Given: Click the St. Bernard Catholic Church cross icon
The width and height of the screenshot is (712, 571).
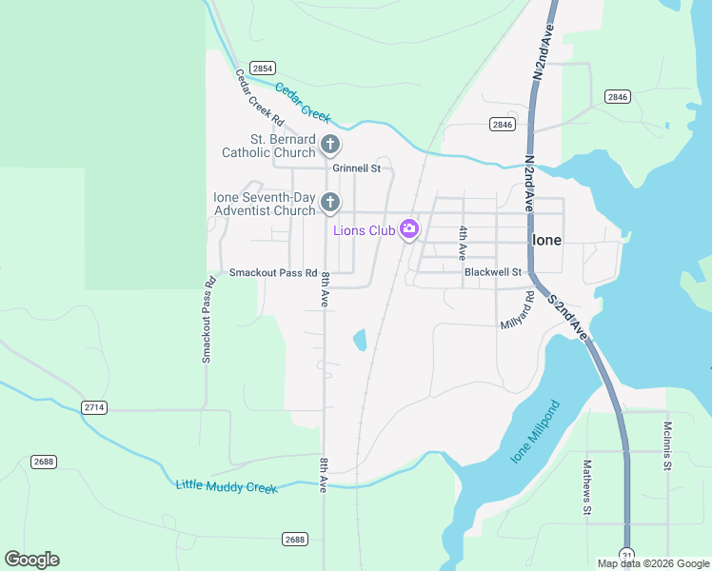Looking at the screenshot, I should (x=330, y=145).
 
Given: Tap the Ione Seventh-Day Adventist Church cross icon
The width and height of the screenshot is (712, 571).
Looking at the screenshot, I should (x=330, y=202).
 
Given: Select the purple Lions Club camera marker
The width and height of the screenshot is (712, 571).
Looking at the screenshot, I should (x=409, y=228).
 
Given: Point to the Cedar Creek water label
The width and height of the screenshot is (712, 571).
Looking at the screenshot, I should (x=303, y=103).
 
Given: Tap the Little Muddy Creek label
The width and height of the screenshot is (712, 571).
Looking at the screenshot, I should (x=227, y=486).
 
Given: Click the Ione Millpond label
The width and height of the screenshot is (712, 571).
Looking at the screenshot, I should (x=536, y=432).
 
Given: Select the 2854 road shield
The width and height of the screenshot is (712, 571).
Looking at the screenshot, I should (x=264, y=68).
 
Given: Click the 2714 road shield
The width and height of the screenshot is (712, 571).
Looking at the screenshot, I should (x=94, y=407).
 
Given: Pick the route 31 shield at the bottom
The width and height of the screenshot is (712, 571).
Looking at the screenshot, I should (x=626, y=554).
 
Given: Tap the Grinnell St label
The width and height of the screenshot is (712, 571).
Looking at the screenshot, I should (x=356, y=168).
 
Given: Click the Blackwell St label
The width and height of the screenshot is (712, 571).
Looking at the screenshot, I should (x=493, y=272).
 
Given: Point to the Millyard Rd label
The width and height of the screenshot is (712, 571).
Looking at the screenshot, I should (x=518, y=311).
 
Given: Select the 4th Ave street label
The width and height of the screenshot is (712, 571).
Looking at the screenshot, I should (x=462, y=244).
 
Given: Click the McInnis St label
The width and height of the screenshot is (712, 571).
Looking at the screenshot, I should (x=668, y=445).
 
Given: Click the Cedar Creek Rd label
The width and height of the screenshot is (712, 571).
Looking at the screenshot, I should (x=260, y=98).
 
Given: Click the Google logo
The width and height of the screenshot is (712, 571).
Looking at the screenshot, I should (x=31, y=560).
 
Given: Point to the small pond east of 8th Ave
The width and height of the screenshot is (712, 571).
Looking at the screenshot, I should (x=360, y=340).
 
